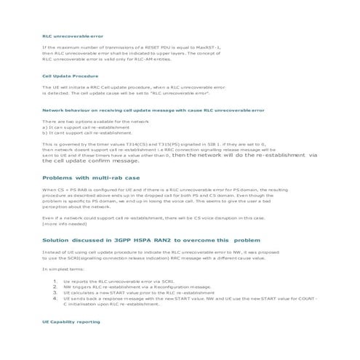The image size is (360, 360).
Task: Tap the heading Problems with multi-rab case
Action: point(100,177)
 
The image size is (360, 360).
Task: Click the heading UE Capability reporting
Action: point(71,321)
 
